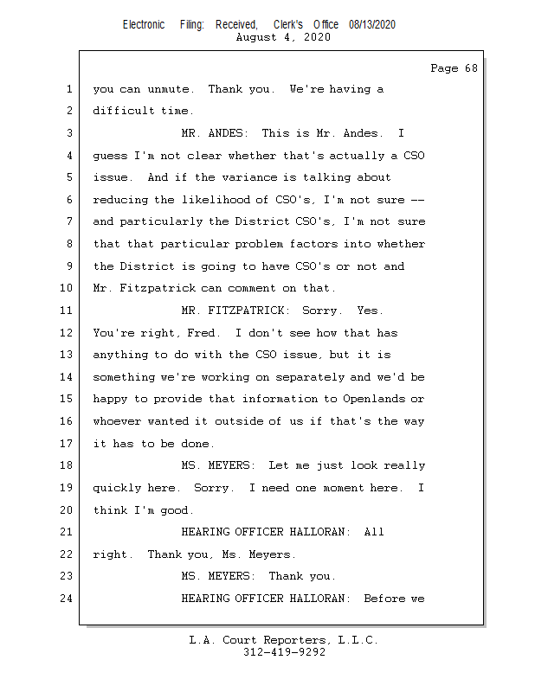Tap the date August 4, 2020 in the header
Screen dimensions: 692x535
pyautogui.click(x=282, y=38)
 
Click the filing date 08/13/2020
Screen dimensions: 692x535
pyautogui.click(x=372, y=25)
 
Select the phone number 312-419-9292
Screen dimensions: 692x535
pyautogui.click(x=284, y=652)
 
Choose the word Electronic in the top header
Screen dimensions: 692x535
pyautogui.click(x=144, y=25)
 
